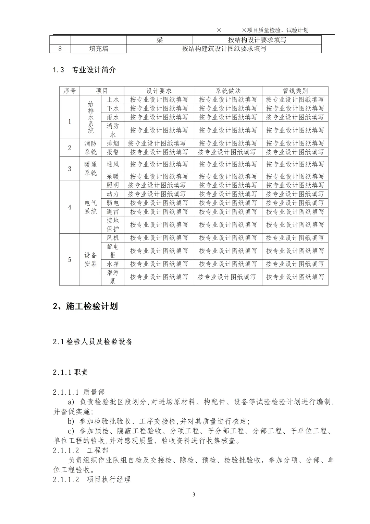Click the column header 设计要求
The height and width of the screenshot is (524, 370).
pos(159,91)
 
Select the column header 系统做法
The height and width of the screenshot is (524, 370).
pos(228,91)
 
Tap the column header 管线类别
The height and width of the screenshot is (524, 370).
pos(295,91)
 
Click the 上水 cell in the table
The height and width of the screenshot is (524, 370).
pos(113,100)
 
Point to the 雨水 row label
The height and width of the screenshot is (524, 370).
pos(113,117)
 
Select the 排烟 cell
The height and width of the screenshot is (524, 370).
pos(113,143)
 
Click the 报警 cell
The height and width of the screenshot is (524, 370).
pos(113,152)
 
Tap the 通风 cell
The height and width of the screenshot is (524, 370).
pos(113,164)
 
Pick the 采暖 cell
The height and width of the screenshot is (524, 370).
pos(113,177)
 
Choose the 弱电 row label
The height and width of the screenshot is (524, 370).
pos(113,203)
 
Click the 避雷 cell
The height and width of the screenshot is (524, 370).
pos(113,212)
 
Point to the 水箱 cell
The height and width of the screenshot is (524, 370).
pos(113,264)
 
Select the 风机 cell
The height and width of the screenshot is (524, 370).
pos(113,238)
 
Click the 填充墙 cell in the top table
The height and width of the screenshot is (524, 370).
pos(99,49)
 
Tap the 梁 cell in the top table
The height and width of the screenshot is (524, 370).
pos(160,40)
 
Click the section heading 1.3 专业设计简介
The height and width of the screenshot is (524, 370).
pos(85,70)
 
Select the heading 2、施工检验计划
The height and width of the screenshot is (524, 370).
pos(85,306)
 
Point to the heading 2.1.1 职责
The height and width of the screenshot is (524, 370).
pos(71,372)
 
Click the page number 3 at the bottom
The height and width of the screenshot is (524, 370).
pos(194,494)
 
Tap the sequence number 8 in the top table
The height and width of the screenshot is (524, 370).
pos(60,49)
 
